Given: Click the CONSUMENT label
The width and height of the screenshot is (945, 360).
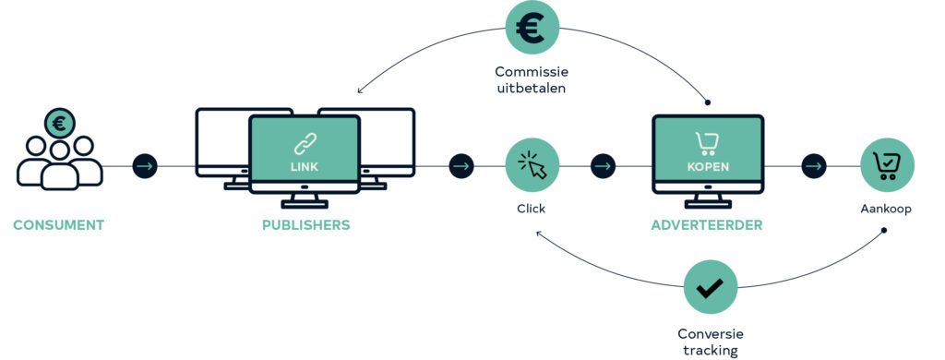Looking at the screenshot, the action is click(58, 225).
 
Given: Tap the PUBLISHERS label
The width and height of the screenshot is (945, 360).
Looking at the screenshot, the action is click(305, 225).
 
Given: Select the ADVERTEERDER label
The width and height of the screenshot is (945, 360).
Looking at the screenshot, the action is click(706, 225).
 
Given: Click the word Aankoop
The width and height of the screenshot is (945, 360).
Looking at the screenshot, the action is click(885, 209).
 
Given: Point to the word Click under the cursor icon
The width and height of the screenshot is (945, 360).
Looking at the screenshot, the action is click(531, 209).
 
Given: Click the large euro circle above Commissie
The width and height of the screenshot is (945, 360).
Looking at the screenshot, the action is click(532, 28).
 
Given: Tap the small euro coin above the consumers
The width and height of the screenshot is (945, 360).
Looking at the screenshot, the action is click(60, 124).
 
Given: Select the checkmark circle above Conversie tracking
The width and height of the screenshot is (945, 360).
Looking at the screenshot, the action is click(711, 287).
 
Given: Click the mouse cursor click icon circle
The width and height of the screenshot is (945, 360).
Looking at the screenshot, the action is click(532, 165).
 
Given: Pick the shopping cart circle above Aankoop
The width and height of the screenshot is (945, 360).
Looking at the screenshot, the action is click(887, 165).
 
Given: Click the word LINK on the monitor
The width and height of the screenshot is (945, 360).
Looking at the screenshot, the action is click(305, 166).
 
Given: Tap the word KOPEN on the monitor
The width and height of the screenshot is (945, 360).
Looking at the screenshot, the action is click(708, 166).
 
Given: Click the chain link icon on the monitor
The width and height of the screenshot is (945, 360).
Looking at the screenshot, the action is click(305, 145).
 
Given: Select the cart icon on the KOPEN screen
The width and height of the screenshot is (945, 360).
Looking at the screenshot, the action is click(706, 144).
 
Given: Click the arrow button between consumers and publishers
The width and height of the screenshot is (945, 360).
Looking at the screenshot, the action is click(145, 166).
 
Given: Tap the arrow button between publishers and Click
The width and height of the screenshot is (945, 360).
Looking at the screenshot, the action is click(461, 166).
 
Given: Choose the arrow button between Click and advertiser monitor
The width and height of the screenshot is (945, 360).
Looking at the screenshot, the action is click(603, 166).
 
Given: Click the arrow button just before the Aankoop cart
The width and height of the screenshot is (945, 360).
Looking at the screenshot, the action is click(814, 166).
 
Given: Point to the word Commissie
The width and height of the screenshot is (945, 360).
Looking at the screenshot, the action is click(532, 72).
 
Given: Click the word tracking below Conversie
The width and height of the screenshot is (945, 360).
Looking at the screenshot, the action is click(710, 351).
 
